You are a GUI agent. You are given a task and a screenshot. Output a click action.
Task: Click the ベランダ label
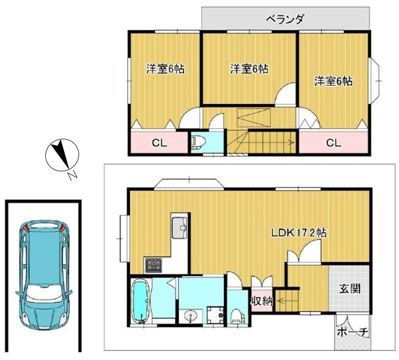pos(285,20)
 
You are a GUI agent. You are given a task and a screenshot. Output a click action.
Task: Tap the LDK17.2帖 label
pos(299,233)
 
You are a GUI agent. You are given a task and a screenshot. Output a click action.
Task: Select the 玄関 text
pos(349,289)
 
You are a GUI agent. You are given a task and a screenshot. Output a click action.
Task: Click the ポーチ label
pos(353,333)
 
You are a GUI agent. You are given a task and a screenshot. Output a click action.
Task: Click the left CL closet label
pos(159,143)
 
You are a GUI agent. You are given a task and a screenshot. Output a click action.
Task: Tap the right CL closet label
pos(334,143)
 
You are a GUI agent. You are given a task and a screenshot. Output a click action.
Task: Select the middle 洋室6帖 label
pos(249,68)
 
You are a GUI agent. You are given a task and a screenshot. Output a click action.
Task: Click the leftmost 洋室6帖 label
pos(165,69)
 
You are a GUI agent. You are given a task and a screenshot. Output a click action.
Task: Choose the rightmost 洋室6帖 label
pos(334,81)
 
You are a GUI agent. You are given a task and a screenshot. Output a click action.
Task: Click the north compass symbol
pos(62,155)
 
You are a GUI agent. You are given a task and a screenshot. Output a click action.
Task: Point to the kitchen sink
pos(180,228)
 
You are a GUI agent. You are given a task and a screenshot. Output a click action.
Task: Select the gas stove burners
pos(153,266)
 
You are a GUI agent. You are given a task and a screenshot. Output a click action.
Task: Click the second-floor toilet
pos(197,142)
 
